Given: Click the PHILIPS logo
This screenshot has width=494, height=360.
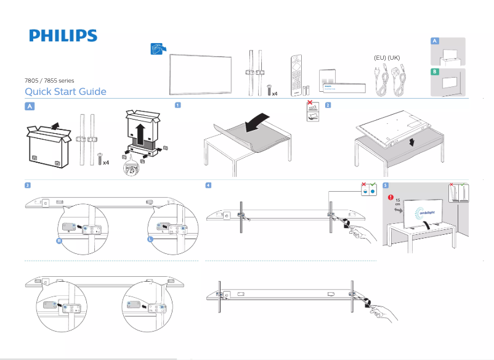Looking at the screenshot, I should click(63, 36).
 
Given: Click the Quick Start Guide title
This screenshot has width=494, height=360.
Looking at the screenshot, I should click(65, 92).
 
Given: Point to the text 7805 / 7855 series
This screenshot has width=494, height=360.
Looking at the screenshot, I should click(49, 81).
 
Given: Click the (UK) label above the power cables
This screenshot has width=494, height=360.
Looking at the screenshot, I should click(394, 57).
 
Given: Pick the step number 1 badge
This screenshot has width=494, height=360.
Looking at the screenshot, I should click(177, 105).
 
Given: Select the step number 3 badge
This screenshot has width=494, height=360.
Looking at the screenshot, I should click(28, 185).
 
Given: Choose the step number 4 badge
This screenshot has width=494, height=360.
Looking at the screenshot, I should click(209, 185).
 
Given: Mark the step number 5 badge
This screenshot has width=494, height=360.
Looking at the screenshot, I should click(385, 185).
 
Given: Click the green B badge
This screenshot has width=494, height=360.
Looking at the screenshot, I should click(435, 72).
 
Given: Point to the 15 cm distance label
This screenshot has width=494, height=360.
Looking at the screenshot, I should click(397, 202).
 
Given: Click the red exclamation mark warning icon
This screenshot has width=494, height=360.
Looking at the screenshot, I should click(391, 197).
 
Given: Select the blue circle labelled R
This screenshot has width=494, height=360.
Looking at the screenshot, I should click(59, 241).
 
